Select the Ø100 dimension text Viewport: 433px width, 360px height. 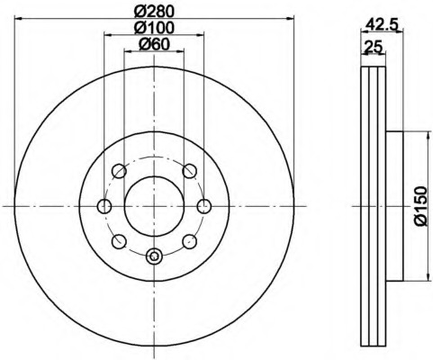[x=155, y=28]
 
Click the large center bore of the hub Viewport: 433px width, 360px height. [x=154, y=205]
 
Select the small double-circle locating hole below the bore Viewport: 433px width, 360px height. [x=154, y=257]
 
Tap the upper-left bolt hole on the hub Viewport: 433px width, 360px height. [x=119, y=171]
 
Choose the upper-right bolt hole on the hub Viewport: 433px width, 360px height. [x=189, y=171]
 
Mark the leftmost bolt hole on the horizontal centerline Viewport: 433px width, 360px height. [x=104, y=206]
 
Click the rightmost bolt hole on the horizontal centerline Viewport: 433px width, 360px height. [x=204, y=206]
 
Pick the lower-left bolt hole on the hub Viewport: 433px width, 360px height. [x=119, y=241]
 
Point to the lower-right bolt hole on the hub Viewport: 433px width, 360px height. [x=189, y=241]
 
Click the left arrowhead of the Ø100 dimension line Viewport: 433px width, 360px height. [x=107, y=35]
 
